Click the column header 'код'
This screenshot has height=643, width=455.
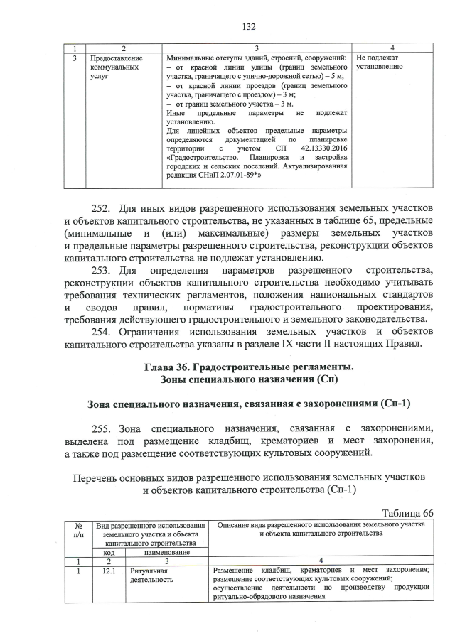(109, 552)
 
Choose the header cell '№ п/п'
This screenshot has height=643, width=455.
(78, 529)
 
